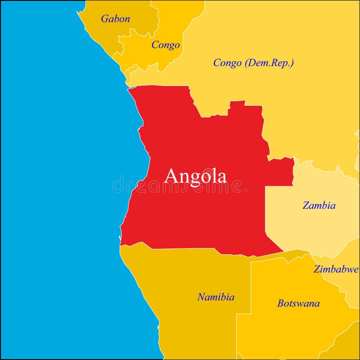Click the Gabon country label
[x=115, y=19]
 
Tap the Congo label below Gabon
[x=166, y=45]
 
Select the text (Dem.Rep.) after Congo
[x=269, y=63]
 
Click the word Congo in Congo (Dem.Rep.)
[x=227, y=63]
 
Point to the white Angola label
[x=195, y=175]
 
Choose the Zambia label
[x=319, y=206]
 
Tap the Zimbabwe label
[x=336, y=270]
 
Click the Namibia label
[x=216, y=297]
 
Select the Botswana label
[x=298, y=303]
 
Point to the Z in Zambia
[x=306, y=206]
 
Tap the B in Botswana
[x=280, y=303]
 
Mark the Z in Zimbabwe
[x=316, y=270]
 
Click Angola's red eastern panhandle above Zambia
[x=281, y=171]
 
